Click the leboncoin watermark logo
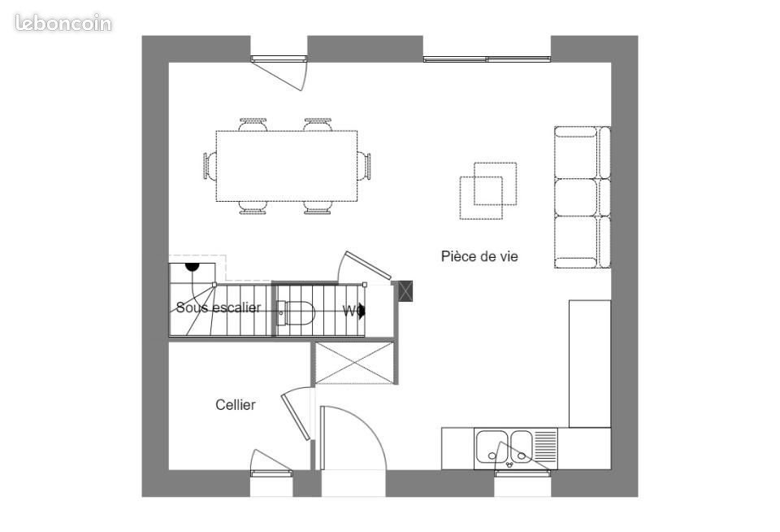coord(63,23)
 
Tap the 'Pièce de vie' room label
coord(479,256)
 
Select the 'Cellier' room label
coord(236,404)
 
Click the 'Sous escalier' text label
coord(219,307)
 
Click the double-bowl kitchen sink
coord(505,447)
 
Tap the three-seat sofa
coord(582,197)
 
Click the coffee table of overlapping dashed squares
coord(487,190)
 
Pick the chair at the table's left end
coord(210,166)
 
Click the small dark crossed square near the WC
coord(405,290)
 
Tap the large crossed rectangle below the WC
coord(353,362)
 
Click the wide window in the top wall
coord(487,59)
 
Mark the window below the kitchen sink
coord(522,473)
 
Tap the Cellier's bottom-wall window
coord(271,473)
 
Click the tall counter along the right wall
coord(589,363)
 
